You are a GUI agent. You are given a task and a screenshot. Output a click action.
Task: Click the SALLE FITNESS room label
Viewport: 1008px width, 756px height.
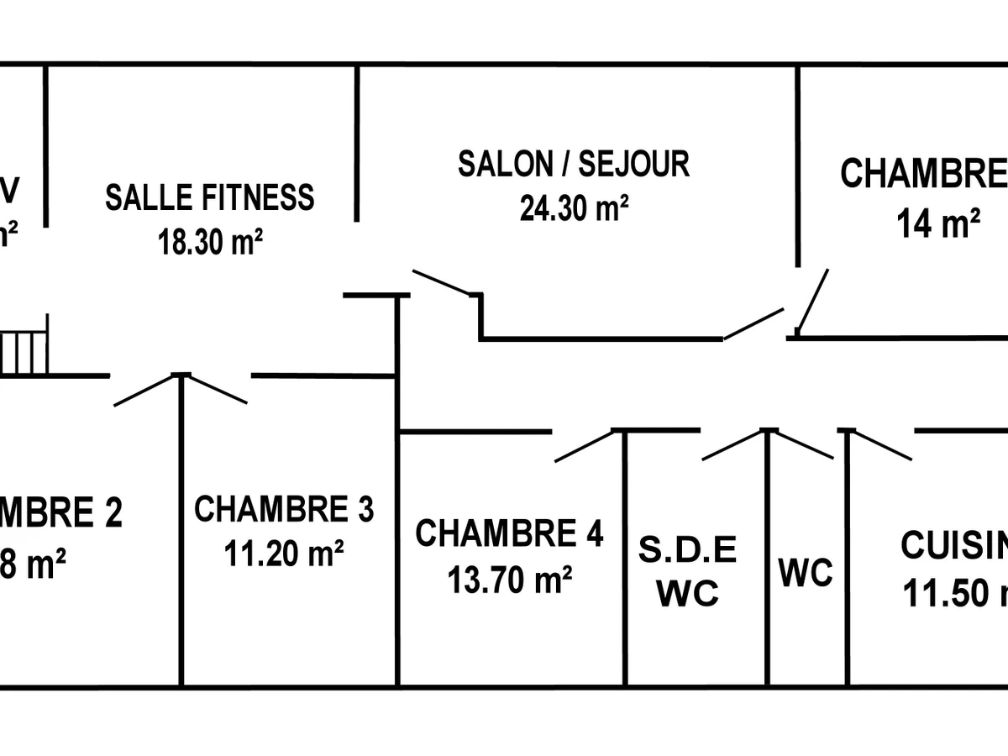pos(209,197)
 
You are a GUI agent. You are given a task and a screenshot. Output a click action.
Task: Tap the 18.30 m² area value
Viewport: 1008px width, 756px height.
pos(211,243)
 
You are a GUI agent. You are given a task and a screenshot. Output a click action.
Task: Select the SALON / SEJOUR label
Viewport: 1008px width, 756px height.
pos(574,163)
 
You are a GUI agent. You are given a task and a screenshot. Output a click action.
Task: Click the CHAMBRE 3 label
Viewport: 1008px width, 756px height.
pos(284,510)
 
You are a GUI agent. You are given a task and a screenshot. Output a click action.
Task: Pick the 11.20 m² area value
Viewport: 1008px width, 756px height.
pos(284,554)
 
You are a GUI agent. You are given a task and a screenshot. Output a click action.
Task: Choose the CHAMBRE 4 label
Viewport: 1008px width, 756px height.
pos(509,533)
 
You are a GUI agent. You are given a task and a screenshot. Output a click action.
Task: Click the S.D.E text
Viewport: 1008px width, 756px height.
pos(687,550)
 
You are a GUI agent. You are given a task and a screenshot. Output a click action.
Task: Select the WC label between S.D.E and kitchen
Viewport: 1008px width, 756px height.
pos(806,574)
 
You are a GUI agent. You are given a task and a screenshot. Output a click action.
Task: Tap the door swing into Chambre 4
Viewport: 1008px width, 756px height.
pos(585,446)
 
